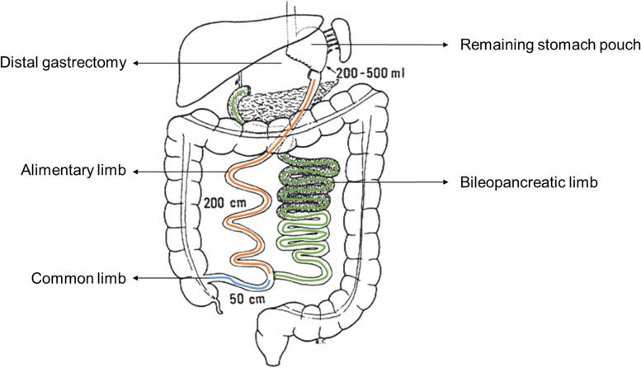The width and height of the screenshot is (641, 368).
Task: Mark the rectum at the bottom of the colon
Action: pos(272,351)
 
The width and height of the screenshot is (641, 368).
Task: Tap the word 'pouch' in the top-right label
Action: pos(621,45)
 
